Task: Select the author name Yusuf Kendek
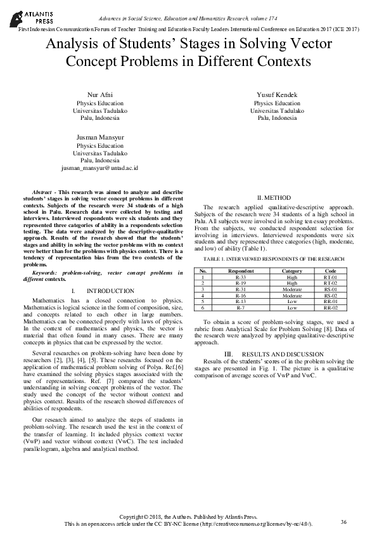click(x=277, y=95)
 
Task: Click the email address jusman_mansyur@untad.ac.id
click(x=99, y=169)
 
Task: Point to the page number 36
click(x=343, y=522)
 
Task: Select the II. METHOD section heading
click(x=277, y=197)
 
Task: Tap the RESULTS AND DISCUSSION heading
click(x=277, y=353)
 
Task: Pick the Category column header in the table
click(x=292, y=271)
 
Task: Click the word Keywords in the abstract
click(x=46, y=272)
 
